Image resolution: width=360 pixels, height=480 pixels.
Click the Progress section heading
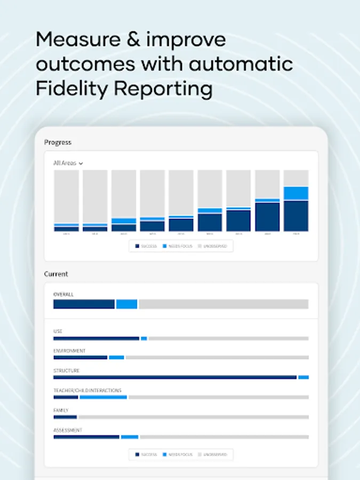[58, 142]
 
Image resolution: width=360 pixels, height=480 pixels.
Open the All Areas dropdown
[68, 163]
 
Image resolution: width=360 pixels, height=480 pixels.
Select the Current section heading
[56, 274]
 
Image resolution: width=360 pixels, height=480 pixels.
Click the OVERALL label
[63, 294]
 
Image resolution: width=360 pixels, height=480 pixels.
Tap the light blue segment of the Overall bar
[126, 304]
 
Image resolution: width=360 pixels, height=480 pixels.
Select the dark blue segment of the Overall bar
[84, 304]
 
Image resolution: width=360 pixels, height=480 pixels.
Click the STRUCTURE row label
[66, 371]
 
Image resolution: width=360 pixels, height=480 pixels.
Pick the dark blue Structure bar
[175, 377]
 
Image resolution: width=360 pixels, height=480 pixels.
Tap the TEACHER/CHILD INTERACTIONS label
[87, 390]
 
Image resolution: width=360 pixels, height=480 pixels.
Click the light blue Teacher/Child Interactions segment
[103, 397]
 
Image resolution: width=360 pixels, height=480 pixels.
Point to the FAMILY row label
[61, 410]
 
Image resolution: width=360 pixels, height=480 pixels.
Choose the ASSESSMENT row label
[67, 430]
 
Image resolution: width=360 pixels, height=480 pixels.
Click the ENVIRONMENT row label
[69, 351]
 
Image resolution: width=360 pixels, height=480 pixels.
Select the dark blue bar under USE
[96, 338]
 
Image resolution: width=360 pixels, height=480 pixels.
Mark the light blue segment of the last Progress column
[295, 193]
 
